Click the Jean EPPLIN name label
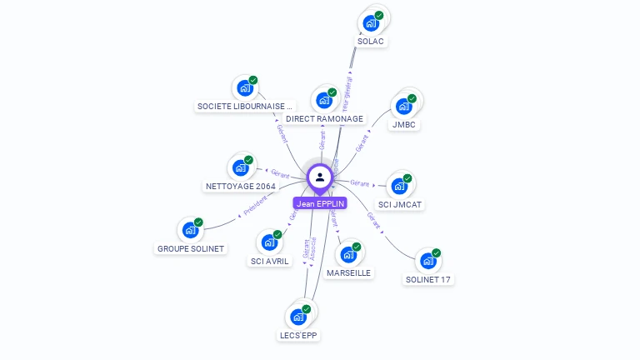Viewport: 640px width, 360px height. point(320,203)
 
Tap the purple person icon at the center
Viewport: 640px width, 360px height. point(320,177)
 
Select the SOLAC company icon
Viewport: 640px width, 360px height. point(372,23)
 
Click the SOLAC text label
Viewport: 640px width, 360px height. point(372,41)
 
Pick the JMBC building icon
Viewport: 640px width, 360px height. point(405,107)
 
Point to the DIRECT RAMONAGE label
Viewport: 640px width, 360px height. point(324,118)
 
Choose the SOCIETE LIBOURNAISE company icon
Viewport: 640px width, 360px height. point(245,87)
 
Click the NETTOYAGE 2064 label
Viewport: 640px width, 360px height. point(240,186)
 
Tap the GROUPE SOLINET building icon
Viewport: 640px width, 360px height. point(191,231)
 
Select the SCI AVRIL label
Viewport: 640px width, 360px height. point(270,261)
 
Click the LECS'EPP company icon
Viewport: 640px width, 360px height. point(298,317)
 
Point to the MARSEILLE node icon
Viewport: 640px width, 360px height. point(348,254)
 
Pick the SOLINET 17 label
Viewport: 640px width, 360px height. point(428,279)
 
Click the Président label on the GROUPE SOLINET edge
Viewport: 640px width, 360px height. point(257,205)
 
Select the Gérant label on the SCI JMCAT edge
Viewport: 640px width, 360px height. point(360,182)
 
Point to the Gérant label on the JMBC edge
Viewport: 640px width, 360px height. point(362,143)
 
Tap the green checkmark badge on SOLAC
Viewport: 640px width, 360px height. point(379,16)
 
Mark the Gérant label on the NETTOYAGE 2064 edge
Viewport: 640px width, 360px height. point(280,173)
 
